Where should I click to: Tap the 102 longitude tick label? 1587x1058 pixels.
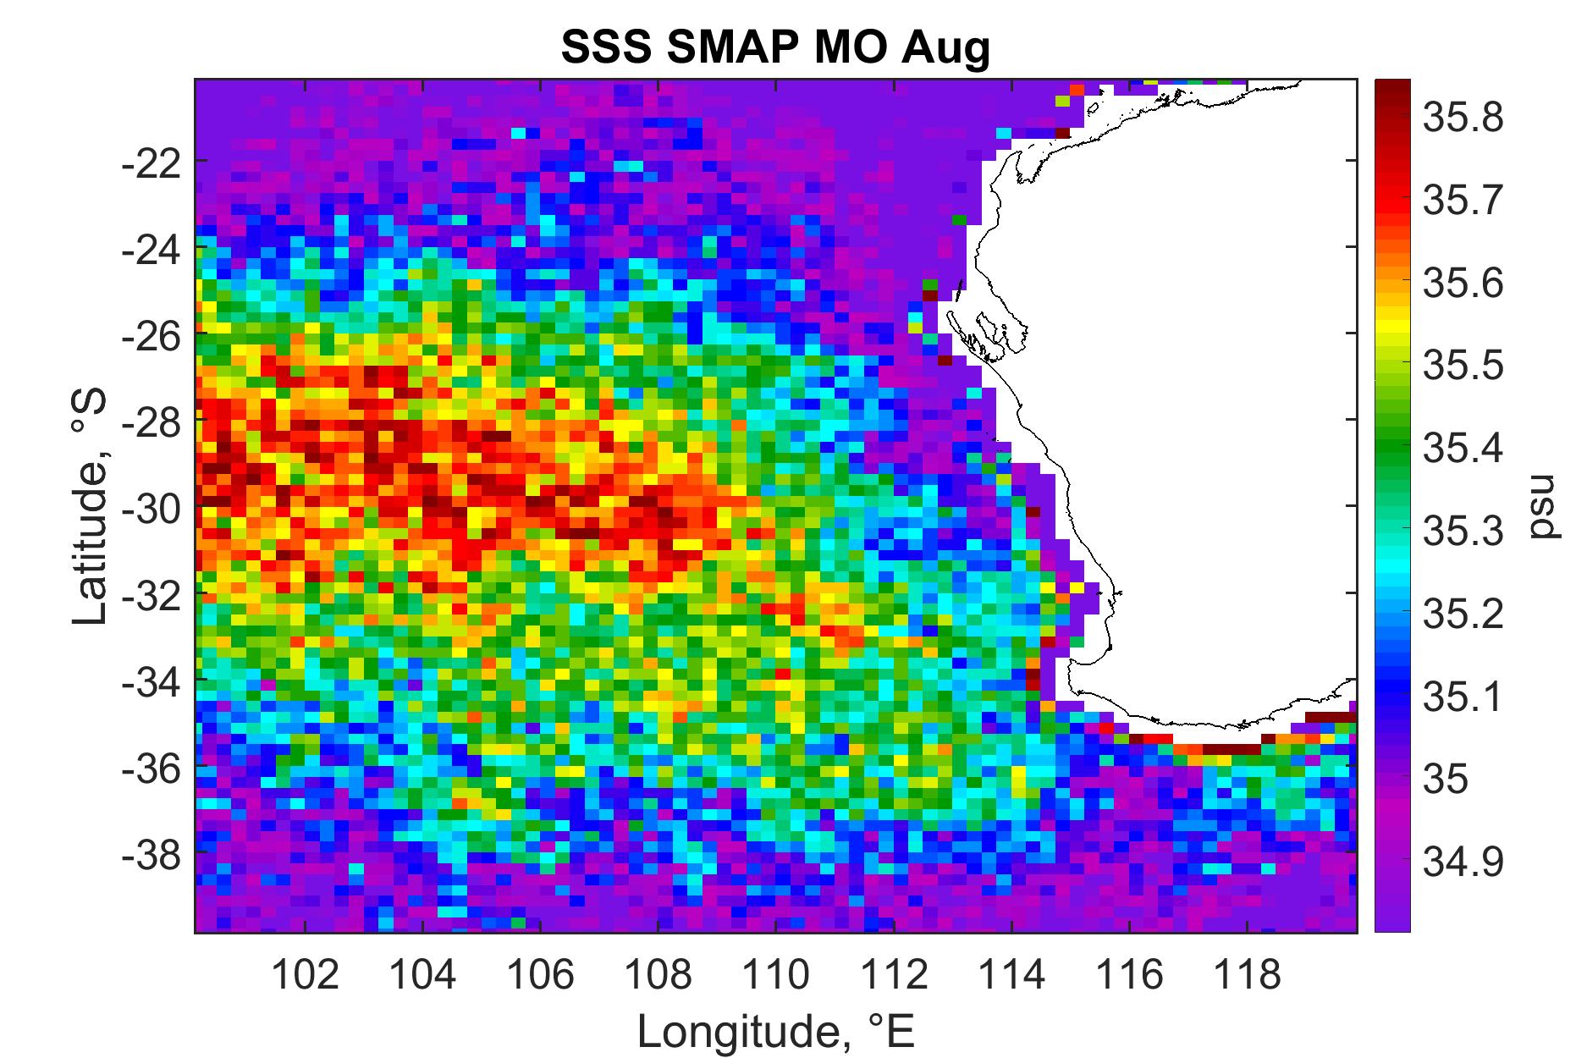pyautogui.click(x=305, y=976)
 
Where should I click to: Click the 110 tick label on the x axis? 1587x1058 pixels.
pyautogui.click(x=775, y=976)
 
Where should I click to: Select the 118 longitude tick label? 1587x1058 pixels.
pyautogui.click(x=1247, y=976)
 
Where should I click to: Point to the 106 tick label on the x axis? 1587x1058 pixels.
pyautogui.click(x=540, y=976)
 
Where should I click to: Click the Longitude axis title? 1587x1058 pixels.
pyautogui.click(x=776, y=1030)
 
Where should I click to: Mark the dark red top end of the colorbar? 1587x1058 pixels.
pyautogui.click(x=1392, y=84)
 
